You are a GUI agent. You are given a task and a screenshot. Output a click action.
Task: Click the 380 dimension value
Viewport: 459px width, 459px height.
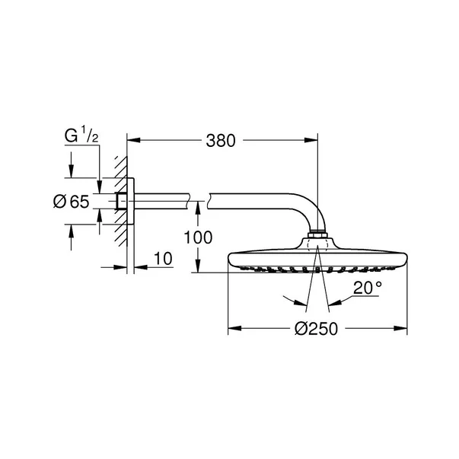coord(222,141)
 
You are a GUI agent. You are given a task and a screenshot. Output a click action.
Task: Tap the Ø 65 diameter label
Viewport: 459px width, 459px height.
coord(71,202)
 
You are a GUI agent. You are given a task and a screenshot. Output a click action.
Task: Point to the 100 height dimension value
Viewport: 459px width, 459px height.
coord(199,237)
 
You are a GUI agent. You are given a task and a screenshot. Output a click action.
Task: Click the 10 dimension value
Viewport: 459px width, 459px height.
coord(162,259)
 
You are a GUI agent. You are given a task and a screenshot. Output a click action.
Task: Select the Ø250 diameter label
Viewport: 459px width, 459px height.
coord(315,329)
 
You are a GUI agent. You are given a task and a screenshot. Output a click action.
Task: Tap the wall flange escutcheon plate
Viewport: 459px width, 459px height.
coord(130,202)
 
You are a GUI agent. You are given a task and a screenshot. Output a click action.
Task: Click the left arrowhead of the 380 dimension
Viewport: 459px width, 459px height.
coord(132,140)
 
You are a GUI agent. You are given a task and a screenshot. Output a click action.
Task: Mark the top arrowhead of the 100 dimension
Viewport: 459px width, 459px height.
coord(199,205)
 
